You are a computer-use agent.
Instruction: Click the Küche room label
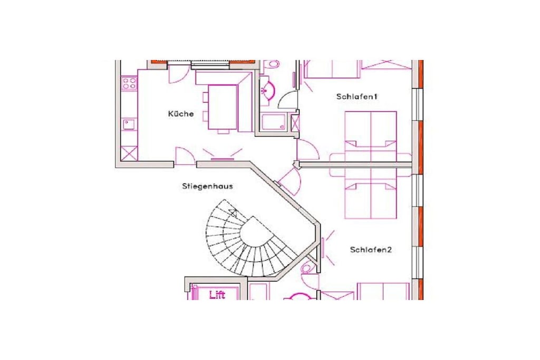tap(181, 113)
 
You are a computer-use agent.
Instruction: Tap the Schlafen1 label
tap(357, 96)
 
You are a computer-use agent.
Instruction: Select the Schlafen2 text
tap(371, 249)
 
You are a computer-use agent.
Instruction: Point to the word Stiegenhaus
tap(207, 186)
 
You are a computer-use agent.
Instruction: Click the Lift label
tap(217, 295)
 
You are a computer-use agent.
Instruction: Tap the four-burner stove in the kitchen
tap(129, 83)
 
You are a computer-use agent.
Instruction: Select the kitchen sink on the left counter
tap(130, 124)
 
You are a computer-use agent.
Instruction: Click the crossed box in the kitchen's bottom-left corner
tap(129, 153)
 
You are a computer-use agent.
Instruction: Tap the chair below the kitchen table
tap(223, 131)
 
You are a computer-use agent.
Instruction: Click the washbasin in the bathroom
tap(267, 90)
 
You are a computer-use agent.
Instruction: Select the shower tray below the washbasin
tap(274, 122)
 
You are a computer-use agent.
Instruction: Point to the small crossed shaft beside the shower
tap(295, 122)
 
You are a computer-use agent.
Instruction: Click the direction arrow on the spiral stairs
tap(233, 212)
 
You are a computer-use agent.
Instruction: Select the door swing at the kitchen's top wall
tap(178, 74)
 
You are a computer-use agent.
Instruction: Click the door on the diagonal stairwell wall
tap(290, 182)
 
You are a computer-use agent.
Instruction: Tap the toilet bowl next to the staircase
tap(306, 268)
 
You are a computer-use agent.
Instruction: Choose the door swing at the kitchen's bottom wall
tap(185, 155)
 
